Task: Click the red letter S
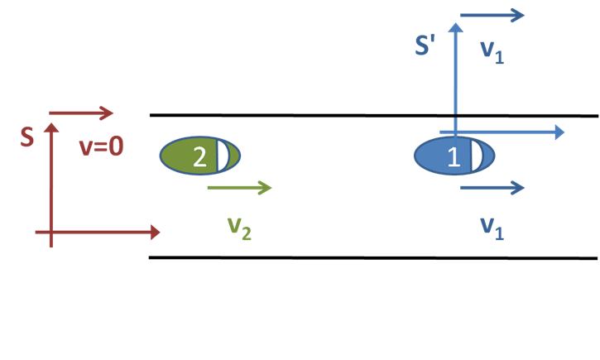27,137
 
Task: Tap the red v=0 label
100,146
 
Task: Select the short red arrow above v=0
81,113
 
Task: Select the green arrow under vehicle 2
239,188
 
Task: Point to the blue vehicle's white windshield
477,156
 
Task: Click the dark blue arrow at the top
492,15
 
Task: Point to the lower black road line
372,257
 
